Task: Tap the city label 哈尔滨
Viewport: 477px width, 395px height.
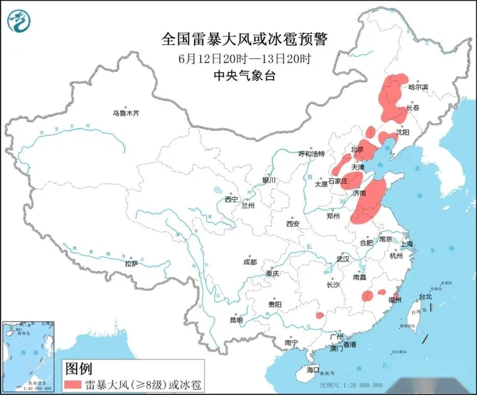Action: (418, 87)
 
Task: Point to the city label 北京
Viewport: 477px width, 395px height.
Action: (357, 149)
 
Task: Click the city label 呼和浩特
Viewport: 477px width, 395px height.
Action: (311, 153)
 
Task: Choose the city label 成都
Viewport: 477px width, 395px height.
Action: (249, 262)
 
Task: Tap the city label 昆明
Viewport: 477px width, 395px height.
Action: (236, 320)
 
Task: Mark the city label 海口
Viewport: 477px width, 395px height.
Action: (313, 369)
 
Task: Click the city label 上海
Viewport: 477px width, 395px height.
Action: (407, 244)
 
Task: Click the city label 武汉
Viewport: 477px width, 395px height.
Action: (342, 259)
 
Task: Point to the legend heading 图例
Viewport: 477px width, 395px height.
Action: (78, 368)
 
